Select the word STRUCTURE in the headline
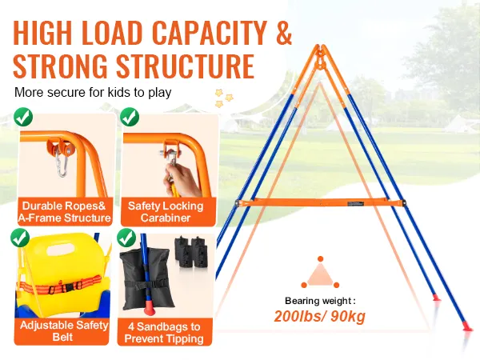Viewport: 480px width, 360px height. pos(186,66)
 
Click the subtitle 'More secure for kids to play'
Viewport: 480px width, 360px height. pos(93,92)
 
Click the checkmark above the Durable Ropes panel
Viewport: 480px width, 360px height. pos(23,117)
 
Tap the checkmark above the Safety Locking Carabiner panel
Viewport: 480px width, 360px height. pos(130,117)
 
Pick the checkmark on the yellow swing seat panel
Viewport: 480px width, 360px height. pos(20,238)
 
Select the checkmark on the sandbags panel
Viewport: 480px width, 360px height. pos(126,238)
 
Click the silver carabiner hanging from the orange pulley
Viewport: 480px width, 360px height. pos(62,165)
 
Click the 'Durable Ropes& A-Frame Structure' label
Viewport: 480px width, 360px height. pos(64,212)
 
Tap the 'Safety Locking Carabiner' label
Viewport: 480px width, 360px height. pos(166,212)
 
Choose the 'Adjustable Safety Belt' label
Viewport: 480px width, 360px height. pos(64,331)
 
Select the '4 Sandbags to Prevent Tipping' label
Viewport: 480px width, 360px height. pos(164,333)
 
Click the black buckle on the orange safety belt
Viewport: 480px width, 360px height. pos(68,287)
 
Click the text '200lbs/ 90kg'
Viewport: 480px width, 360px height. pos(319,317)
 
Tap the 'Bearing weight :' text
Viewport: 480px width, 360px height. pos(320,301)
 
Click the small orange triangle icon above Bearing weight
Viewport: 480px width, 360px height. pos(320,273)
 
